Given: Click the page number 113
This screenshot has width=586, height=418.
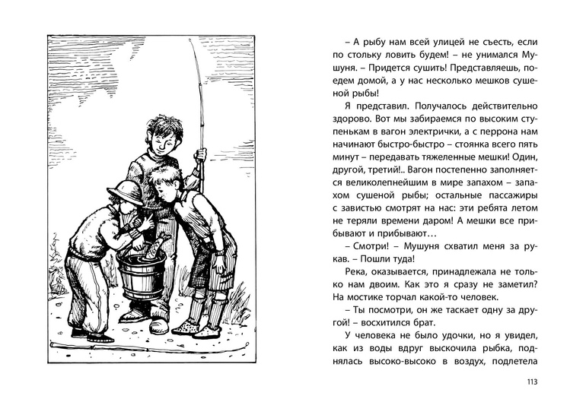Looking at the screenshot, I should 530,382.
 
